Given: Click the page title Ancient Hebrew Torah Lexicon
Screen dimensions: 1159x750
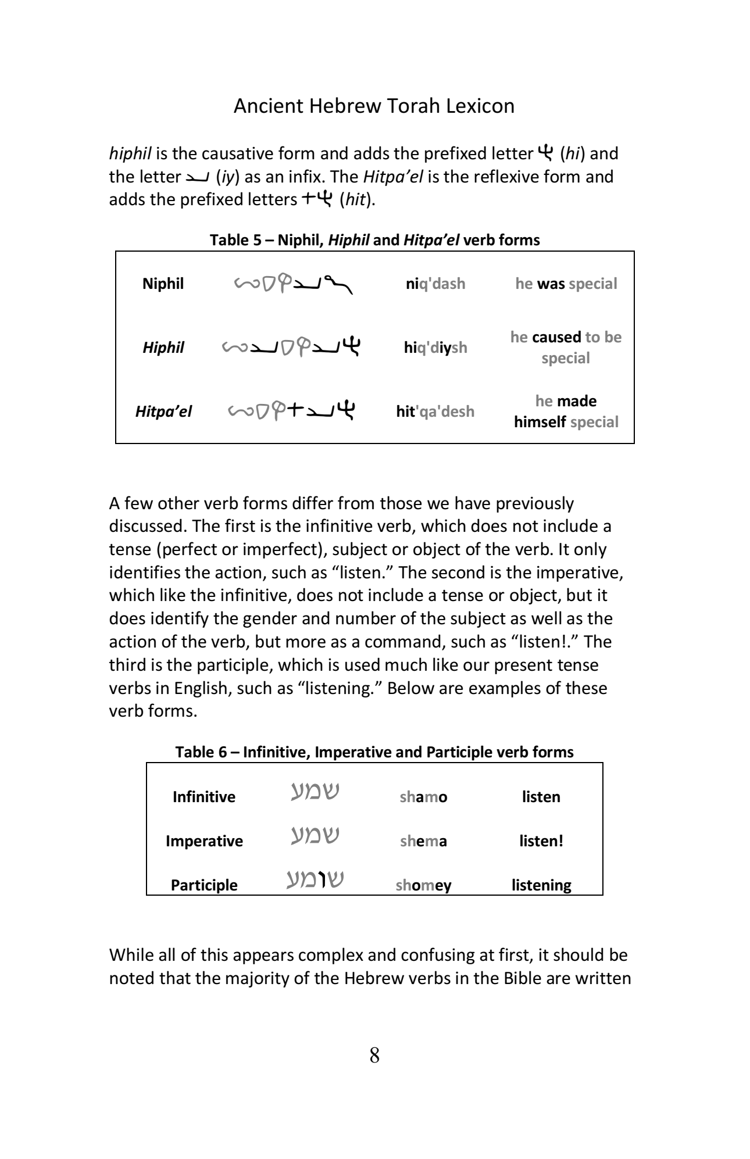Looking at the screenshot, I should (x=374, y=106).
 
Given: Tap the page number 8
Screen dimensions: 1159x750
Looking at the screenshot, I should (x=374, y=1055).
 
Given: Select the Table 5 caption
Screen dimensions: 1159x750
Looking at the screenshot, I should (x=374, y=240).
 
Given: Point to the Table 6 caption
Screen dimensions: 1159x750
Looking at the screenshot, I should (x=374, y=752).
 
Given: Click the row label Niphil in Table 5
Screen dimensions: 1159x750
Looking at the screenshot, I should (x=163, y=284).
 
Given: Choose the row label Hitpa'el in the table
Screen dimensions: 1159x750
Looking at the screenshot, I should (x=163, y=412).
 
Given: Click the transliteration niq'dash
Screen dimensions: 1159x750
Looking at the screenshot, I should (x=435, y=284).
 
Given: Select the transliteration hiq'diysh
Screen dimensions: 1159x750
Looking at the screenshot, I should (x=435, y=348).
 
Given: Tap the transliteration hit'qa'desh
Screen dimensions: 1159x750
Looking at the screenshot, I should (x=435, y=412).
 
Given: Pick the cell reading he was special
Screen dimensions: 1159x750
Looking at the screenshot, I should (x=566, y=284).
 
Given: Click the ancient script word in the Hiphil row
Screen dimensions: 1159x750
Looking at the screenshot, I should (x=291, y=347).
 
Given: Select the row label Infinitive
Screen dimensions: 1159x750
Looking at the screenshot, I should (x=203, y=797).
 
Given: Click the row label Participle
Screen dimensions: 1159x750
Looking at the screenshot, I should (x=204, y=885).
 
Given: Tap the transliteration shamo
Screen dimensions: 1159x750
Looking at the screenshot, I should (x=423, y=797).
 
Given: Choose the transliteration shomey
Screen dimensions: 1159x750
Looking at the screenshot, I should (x=423, y=885).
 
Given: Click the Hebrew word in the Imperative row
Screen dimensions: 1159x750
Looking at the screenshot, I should (x=315, y=836).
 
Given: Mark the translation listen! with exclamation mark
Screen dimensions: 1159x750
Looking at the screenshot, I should (x=541, y=841).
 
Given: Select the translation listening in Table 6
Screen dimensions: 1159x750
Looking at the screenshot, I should (x=541, y=885).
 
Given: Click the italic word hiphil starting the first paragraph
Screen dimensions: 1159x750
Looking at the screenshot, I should (x=130, y=154).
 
